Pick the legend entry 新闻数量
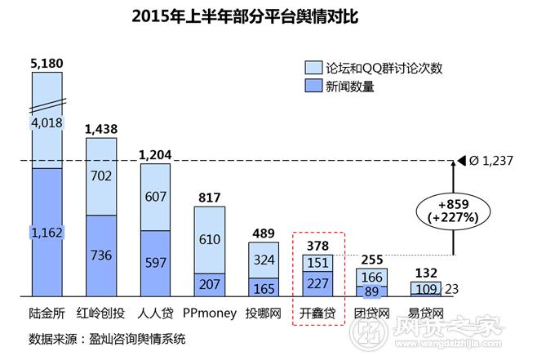(351, 86)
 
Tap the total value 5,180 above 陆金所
(46, 63)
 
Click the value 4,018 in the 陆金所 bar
(46, 123)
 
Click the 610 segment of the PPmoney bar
(208, 239)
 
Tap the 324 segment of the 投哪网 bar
(263, 260)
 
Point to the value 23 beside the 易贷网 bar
(452, 287)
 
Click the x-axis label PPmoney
(208, 312)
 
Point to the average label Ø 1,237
(490, 161)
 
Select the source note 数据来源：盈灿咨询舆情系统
(107, 338)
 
